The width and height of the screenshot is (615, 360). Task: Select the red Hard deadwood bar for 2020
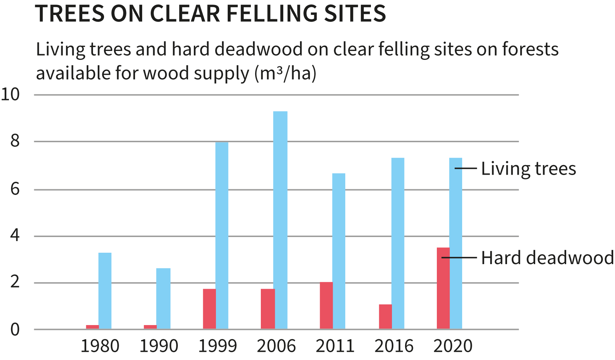[x=443, y=288]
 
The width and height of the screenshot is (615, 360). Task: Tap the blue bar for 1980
[x=105, y=290]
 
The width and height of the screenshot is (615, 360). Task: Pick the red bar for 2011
[x=326, y=305]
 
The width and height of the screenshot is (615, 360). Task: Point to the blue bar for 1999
[x=222, y=235]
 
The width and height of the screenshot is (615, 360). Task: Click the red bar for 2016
[x=385, y=317]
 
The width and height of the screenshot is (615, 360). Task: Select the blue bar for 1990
[x=163, y=298]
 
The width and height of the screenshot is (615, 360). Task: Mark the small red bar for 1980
[x=92, y=327]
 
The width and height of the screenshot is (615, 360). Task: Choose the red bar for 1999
[x=209, y=309]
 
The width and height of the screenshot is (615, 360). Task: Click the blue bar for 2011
[x=338, y=251]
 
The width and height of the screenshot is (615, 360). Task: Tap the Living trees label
[x=528, y=169]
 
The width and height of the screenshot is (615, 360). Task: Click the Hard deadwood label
[x=547, y=258]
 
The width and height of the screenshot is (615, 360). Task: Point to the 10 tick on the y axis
[x=10, y=95]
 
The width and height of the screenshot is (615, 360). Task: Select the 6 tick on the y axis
[x=15, y=189]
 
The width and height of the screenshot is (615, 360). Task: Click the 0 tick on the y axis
[x=15, y=330]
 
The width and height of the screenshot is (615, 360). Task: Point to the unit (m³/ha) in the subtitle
[x=285, y=73]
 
